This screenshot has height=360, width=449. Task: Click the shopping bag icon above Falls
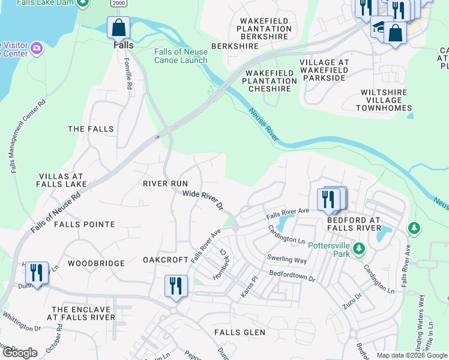(119, 28)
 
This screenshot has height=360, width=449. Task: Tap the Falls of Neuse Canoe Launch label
(181, 56)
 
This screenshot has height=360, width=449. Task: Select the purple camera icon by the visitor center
(37, 47)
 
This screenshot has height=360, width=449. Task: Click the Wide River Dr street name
(203, 200)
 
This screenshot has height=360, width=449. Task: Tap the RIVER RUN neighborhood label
(165, 184)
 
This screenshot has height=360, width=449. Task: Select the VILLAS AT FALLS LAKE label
(62, 180)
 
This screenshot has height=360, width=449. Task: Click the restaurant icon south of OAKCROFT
(175, 285)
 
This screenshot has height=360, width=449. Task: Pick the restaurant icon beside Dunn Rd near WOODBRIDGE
(36, 273)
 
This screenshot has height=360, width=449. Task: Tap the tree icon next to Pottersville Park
(358, 248)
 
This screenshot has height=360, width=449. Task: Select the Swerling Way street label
(287, 259)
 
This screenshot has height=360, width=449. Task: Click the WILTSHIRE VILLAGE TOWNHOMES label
(384, 100)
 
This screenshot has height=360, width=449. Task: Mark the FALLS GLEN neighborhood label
(240, 332)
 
